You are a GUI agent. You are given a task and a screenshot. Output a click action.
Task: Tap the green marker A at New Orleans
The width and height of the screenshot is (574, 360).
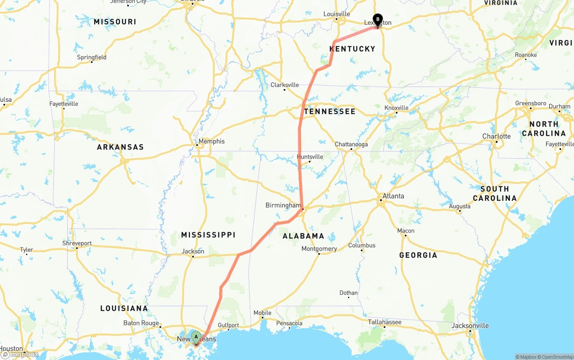click(196, 337)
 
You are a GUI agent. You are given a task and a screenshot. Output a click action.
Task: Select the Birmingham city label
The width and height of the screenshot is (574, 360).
click(283, 205)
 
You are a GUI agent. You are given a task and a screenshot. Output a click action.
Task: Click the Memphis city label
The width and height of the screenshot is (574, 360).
click(211, 141)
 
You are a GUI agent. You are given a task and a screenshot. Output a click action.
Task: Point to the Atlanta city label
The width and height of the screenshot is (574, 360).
click(393, 196)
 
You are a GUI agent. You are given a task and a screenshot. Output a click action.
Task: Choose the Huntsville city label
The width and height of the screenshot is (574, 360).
click(310, 157)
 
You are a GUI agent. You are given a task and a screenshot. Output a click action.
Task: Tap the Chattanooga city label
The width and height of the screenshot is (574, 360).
click(351, 144)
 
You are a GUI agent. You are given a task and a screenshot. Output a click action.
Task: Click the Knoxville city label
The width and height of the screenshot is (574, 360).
click(396, 108)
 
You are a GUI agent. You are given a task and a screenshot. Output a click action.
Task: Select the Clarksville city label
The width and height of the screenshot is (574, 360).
click(284, 85)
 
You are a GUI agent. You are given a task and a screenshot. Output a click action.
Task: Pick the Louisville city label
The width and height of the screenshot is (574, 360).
click(336, 14)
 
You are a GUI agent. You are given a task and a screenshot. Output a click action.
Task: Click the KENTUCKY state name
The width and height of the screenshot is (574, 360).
click(352, 49)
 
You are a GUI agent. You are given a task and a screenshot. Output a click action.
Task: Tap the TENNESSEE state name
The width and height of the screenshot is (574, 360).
click(330, 112)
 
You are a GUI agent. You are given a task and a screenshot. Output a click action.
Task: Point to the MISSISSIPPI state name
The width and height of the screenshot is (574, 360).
click(208, 235)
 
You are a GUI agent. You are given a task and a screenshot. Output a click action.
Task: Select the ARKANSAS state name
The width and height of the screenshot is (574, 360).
click(120, 147)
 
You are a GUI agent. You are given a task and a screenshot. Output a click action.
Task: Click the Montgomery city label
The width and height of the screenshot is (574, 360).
click(319, 249)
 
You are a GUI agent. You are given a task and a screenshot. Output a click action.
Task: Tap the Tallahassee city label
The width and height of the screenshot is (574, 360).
click(385, 322)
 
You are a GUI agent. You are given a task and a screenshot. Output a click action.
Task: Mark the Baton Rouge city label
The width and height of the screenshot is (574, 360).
click(141, 323)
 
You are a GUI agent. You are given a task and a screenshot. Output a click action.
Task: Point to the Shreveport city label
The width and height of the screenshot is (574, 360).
click(77, 243)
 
